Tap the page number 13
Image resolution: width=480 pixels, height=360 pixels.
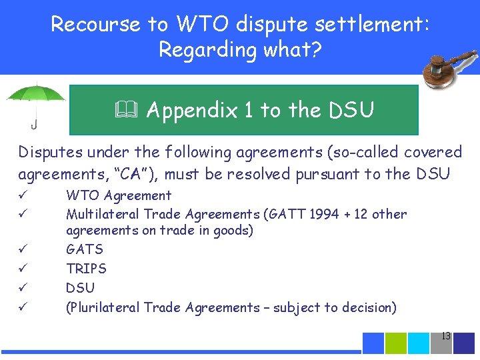click(446, 336)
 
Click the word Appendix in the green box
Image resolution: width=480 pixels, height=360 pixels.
click(191, 110)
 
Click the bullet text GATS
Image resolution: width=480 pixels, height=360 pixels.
click(85, 250)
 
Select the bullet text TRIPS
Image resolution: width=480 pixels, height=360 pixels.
click(86, 269)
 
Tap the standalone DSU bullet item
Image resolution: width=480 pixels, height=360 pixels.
click(80, 288)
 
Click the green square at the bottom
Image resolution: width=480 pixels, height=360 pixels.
click(396, 343)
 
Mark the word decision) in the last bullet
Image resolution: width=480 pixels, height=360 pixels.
click(369, 307)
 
